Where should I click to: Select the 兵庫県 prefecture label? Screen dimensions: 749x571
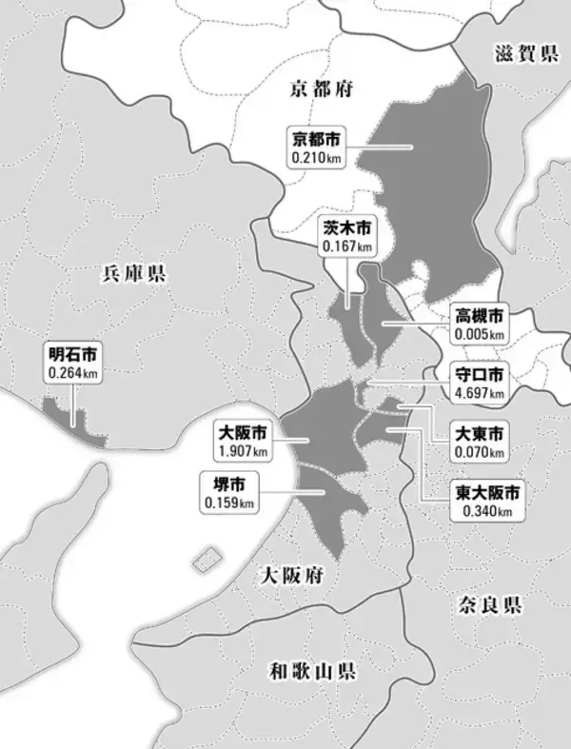point(133,275)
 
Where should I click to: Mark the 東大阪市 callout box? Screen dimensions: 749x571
point(485,502)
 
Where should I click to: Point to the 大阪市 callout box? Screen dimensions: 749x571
point(242,440)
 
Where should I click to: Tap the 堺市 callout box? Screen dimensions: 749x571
point(228,491)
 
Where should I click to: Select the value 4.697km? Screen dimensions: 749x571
point(479,391)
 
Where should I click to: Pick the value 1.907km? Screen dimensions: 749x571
point(242,449)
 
